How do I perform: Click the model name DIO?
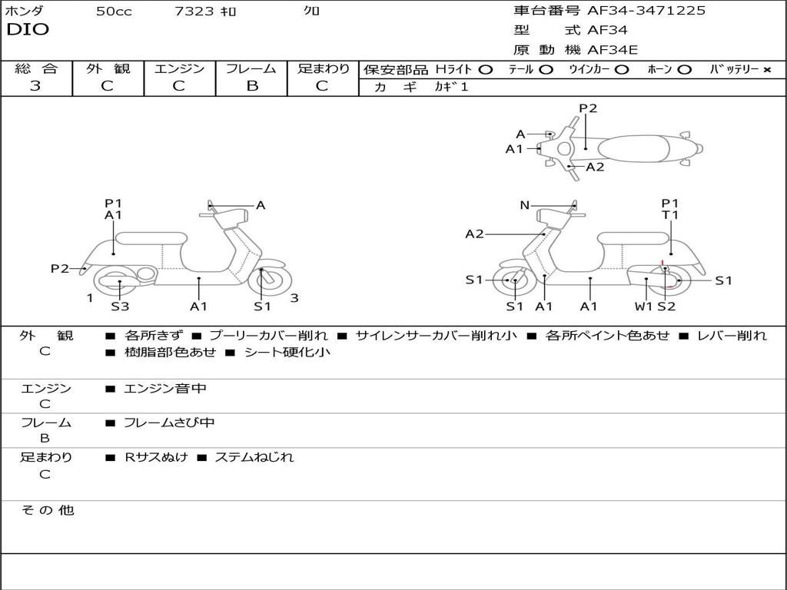click(x=28, y=30)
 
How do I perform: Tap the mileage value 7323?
click(x=194, y=12)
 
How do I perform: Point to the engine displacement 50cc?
click(x=114, y=12)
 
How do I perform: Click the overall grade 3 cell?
click(x=35, y=86)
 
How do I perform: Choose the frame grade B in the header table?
click(x=252, y=86)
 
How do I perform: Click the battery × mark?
click(x=766, y=69)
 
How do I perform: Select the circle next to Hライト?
click(x=485, y=69)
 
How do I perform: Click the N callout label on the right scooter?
click(x=524, y=205)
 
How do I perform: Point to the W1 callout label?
click(x=643, y=307)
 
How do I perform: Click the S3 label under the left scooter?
click(x=120, y=307)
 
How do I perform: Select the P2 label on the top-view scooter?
click(x=588, y=108)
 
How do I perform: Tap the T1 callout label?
click(x=670, y=215)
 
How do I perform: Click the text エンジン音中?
click(x=165, y=389)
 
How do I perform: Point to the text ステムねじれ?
click(x=254, y=457)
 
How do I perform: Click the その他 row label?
click(x=47, y=510)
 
